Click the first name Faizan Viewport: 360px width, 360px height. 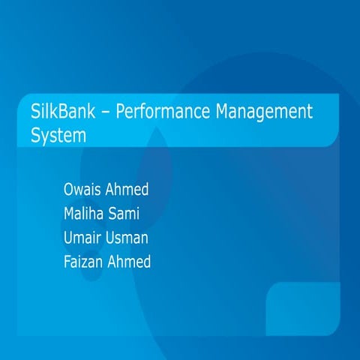pyautogui.click(x=87, y=262)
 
